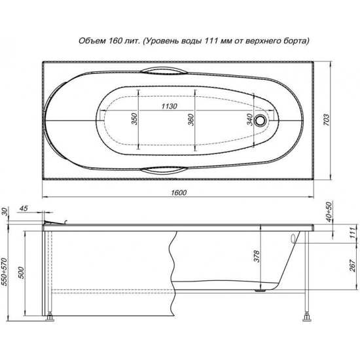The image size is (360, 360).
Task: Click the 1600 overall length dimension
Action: pyautogui.click(x=179, y=192)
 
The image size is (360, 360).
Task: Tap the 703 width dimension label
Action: pyautogui.click(x=326, y=120)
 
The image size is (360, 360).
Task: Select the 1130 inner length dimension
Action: pyautogui.click(x=170, y=106)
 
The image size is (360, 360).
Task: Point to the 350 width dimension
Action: pyautogui.click(x=134, y=119)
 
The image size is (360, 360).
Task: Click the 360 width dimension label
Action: pyautogui.click(x=190, y=120)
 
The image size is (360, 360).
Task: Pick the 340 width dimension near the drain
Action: pyautogui.click(x=249, y=120)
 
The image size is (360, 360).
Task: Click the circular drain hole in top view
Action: pyautogui.click(x=261, y=120)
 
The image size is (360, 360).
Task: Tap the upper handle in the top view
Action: pyautogui.click(x=164, y=71)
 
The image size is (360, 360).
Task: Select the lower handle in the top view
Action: pyautogui.click(x=164, y=170)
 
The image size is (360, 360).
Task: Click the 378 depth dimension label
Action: pyautogui.click(x=256, y=256)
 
